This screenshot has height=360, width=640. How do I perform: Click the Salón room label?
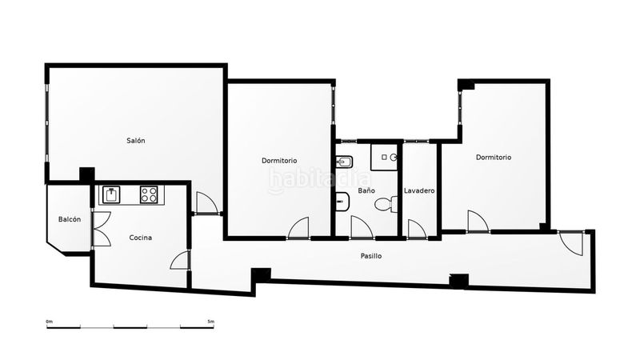click(135, 141)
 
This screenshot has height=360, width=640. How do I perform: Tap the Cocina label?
click(141, 238)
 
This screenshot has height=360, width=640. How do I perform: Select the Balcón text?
click(70, 219)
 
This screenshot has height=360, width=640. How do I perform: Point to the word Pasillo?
click(371, 256)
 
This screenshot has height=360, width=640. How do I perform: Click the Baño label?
click(366, 190)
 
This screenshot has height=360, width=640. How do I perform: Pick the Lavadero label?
click(419, 190)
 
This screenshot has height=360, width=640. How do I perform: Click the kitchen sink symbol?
click(111, 194)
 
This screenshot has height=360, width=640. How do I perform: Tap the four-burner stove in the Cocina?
click(149, 194)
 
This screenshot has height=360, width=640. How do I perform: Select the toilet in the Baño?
click(386, 205)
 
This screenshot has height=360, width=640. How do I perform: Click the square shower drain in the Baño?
click(384, 157)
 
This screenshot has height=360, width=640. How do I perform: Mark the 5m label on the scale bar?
click(210, 322)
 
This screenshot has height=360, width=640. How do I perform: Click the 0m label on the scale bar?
click(50, 322)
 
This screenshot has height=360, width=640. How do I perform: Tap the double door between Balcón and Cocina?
click(101, 229)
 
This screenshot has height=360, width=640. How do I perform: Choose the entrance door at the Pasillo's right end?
click(571, 244)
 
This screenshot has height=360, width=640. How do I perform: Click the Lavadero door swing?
click(417, 229)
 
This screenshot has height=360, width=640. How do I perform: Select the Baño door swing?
click(362, 226)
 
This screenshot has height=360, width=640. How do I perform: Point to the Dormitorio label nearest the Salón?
click(279, 161)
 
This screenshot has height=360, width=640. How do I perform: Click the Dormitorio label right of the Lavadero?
click(494, 157)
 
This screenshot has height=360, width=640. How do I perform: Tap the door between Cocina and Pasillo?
click(180, 260)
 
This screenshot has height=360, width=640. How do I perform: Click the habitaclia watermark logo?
click(319, 180)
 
